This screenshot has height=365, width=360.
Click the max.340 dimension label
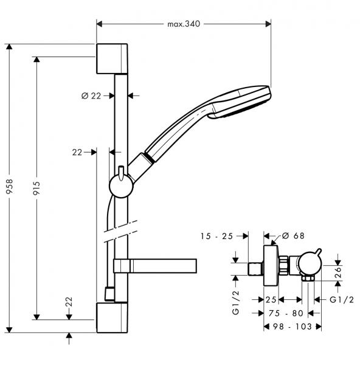tap(184, 24)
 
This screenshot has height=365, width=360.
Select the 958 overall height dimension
tap(9, 189)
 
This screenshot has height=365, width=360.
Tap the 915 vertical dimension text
tap(36, 188)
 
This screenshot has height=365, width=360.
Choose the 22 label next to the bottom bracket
tap(70, 302)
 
